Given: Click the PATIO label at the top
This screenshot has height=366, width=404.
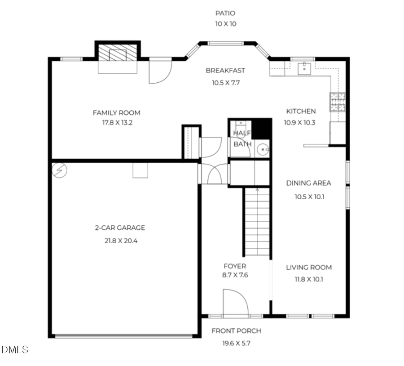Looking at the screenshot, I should tap(225, 13).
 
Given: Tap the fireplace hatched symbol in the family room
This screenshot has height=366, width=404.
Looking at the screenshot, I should tap(118, 54).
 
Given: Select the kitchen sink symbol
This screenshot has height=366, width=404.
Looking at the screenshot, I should tap(305, 68).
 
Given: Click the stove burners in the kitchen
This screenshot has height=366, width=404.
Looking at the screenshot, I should tap(338, 102).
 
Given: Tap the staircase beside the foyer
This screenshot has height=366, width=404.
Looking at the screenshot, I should tap(257, 223).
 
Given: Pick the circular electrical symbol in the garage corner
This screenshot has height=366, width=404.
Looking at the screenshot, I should tap(59, 170).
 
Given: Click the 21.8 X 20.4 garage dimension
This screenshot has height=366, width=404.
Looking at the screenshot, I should tap(121, 241).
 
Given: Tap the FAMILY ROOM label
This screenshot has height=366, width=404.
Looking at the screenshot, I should tap(116, 113).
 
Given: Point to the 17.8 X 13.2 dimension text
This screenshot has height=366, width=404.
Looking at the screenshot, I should tap(116, 123).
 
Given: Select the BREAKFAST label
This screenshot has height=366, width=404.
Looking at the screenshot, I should tap(225, 71).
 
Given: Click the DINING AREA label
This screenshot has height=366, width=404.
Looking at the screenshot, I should tap(308, 183).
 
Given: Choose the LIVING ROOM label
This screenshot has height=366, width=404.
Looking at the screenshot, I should tap(309, 268).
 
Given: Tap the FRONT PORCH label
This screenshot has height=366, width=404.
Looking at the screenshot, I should tap(236, 331).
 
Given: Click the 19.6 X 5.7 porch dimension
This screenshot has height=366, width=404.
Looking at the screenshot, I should tap(236, 343).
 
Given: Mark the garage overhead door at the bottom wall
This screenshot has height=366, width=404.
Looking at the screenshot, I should tap(124, 335).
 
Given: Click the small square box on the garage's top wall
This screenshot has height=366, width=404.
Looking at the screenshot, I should tap(140, 170).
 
